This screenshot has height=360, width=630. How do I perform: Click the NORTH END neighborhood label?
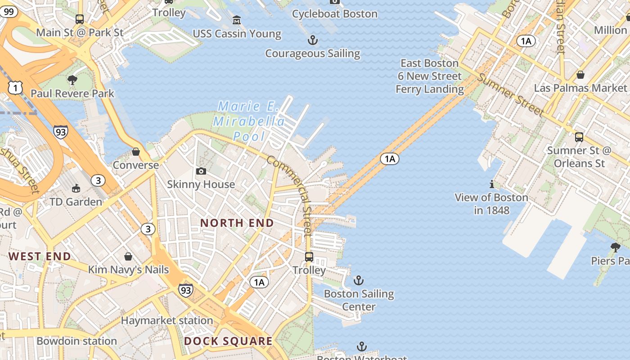[237, 223]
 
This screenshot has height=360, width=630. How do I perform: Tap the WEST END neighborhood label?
[40, 256]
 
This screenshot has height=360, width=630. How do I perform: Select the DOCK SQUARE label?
[228, 341]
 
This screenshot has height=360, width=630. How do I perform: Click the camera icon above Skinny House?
[201, 171]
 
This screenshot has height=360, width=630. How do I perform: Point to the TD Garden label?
[76, 202]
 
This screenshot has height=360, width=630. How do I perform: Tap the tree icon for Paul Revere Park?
[72, 81]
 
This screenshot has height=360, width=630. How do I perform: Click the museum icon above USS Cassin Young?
[237, 20]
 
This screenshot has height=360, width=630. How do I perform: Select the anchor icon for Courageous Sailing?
[313, 40]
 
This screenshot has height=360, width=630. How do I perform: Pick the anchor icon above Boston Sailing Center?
[358, 281]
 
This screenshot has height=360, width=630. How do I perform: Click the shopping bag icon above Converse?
[136, 152]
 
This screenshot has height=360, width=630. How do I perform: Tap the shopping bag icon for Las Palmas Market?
[580, 75]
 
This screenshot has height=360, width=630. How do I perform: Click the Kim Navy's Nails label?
[128, 270]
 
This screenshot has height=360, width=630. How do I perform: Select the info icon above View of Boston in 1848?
[492, 184]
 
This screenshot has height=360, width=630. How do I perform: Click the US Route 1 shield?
[15, 88]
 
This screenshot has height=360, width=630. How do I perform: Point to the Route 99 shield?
[8, 12]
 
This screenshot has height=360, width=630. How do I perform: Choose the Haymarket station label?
[167, 321]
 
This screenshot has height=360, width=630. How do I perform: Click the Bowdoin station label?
[76, 341]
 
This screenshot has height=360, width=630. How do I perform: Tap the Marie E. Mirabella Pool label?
[249, 121]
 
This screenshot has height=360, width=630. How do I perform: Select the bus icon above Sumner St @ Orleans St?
[579, 137]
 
